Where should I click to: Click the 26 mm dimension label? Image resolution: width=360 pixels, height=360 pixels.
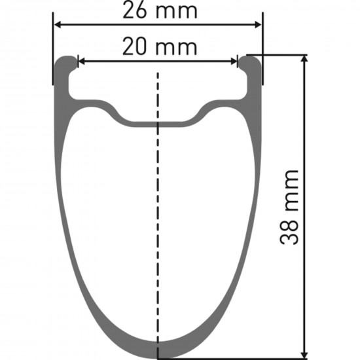tap(160, 10)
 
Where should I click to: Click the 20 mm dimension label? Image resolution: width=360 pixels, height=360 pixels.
tap(160, 47)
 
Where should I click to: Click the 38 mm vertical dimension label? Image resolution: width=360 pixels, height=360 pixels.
tap(289, 207)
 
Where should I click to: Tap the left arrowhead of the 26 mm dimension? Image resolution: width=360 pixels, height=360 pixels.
tap(58, 25)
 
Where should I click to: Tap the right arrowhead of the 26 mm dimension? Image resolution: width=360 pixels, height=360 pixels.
tap(258, 25)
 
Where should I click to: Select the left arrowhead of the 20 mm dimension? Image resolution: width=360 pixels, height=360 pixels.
tap(82, 62)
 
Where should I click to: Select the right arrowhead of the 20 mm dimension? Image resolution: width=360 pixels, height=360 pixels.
tap(234, 62)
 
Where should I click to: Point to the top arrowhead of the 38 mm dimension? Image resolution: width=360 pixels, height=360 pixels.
tap(304, 59)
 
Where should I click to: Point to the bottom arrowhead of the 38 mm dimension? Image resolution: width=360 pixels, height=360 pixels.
tap(304, 355)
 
